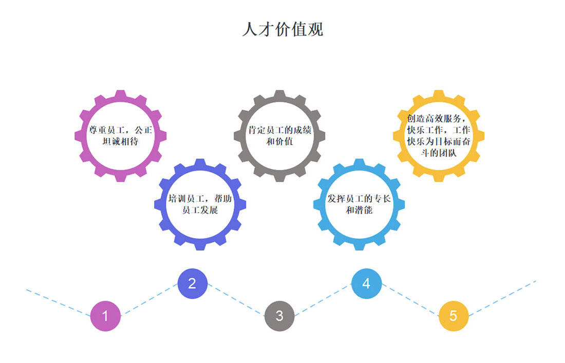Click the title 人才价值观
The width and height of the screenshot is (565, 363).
click(282, 29)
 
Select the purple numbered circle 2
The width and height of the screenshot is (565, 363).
click(192, 283)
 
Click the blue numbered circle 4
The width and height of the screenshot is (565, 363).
click(366, 283)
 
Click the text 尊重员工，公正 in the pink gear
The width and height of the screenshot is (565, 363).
click(121, 130)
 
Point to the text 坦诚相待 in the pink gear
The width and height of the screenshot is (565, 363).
click(121, 141)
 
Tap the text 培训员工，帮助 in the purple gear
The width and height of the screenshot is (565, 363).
click(200, 199)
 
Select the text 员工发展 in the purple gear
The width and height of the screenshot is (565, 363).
click(200, 210)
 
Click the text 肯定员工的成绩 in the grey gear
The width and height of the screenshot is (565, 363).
click(280, 130)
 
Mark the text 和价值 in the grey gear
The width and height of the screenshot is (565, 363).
click(280, 141)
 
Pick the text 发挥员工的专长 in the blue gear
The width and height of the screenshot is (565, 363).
click(359, 199)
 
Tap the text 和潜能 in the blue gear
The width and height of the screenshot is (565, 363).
click(359, 210)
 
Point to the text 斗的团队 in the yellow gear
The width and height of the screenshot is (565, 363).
click(438, 152)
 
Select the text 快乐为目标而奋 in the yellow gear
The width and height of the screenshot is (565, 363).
click(438, 141)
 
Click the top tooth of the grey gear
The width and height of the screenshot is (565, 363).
click(279, 95)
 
